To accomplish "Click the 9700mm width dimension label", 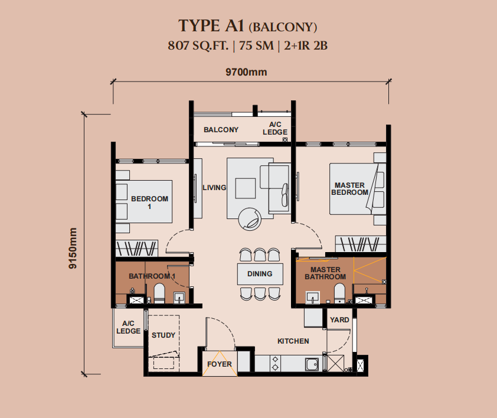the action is (246, 72).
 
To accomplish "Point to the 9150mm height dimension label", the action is (73, 249).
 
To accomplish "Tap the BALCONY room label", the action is (221, 130).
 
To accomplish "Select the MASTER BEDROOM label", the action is (349, 189).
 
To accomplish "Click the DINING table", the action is (260, 274).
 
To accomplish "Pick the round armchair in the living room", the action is (250, 219).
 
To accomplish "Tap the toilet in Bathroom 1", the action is (159, 293).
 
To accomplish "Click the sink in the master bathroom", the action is (312, 298).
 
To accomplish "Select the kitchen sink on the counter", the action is (312, 364).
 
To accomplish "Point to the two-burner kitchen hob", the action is (276, 364).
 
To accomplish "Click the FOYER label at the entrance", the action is (220, 364).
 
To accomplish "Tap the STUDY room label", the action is (164, 335).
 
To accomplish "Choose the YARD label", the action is (339, 320).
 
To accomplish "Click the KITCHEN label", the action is (293, 341).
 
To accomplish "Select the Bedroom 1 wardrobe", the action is (136, 249).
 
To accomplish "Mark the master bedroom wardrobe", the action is (361, 244).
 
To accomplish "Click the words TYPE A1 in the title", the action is (211, 26).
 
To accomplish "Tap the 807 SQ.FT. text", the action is (198, 45).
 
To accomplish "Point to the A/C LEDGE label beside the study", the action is (128, 327).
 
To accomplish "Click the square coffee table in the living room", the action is (246, 188).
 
